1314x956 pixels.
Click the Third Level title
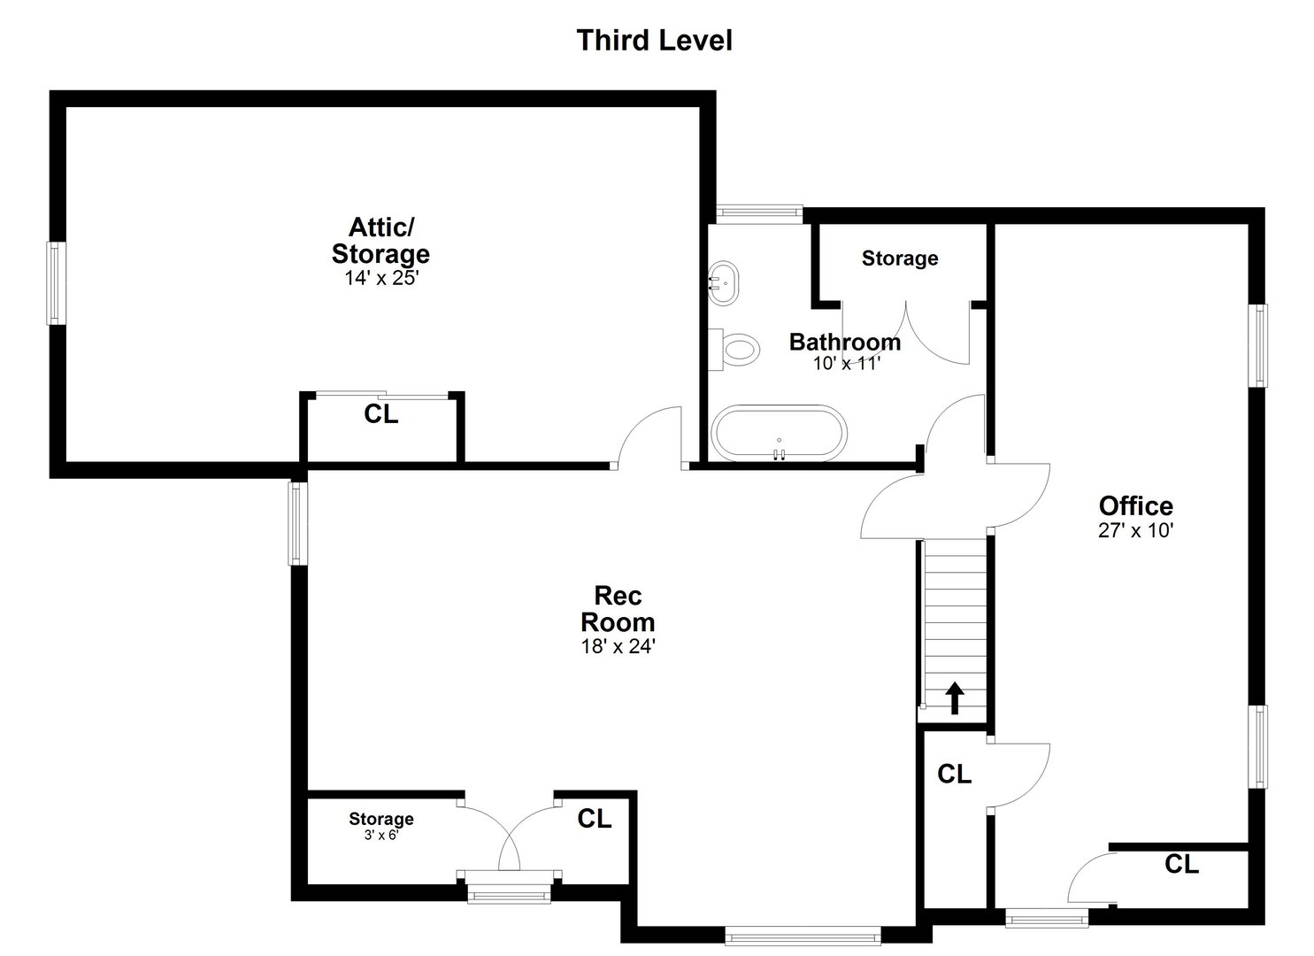[x=654, y=41]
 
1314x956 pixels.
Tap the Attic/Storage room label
[x=380, y=241]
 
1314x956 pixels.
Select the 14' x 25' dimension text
[x=380, y=277]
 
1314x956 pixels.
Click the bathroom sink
[x=724, y=283]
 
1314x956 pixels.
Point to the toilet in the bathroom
[x=737, y=348]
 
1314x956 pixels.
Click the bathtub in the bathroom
[x=780, y=433]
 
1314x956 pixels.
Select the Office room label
[x=1135, y=505]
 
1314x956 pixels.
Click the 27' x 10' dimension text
[x=1135, y=530]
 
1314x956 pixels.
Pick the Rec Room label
[x=618, y=608]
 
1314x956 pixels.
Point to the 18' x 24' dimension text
[x=618, y=647]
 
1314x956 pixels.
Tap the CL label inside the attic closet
[x=381, y=414]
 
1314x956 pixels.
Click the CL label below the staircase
[x=954, y=775]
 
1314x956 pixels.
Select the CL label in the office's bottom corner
[x=1181, y=864]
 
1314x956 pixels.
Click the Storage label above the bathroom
[x=900, y=258]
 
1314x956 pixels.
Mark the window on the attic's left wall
[x=56, y=283]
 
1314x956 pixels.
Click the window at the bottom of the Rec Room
[x=802, y=935]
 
